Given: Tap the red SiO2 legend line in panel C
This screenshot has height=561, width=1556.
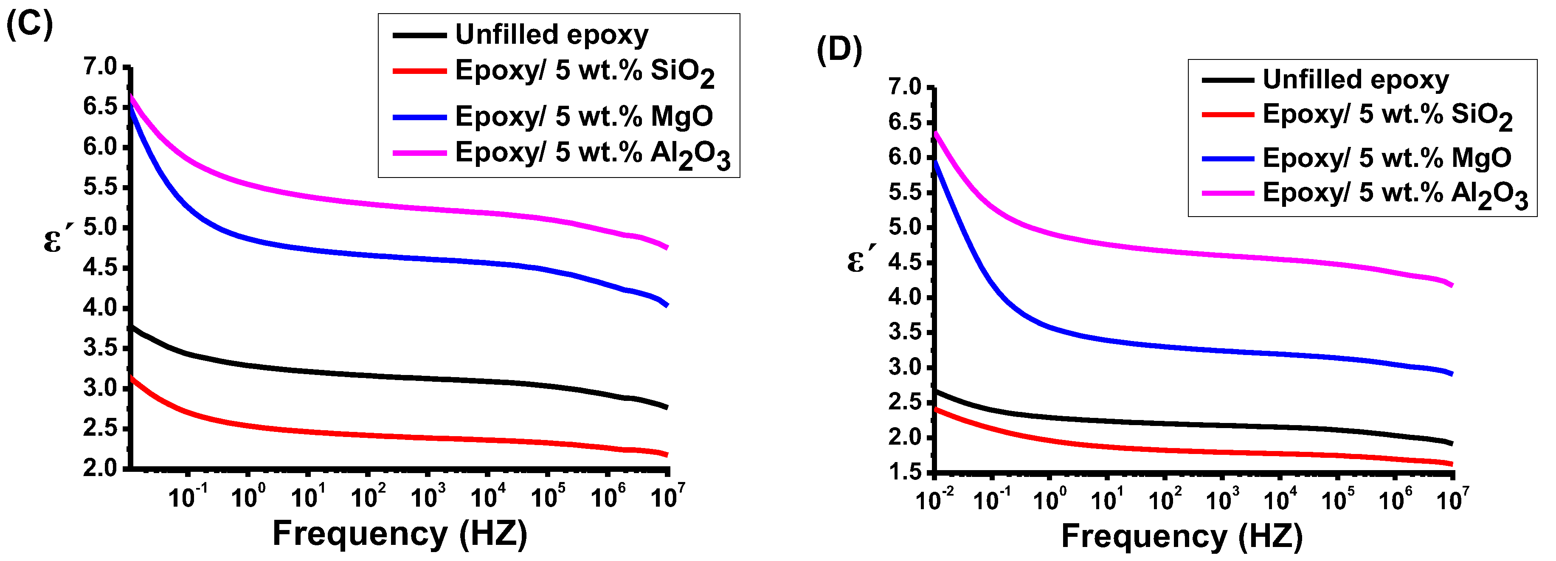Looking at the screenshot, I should [x=419, y=71].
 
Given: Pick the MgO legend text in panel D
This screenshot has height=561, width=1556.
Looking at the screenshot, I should [x=1387, y=158].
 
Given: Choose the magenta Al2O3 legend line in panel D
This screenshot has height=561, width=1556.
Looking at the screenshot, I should [x=1227, y=193].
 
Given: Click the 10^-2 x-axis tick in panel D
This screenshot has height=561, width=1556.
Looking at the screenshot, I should [x=934, y=500].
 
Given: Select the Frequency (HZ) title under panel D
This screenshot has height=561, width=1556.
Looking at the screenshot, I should [x=1182, y=536].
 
